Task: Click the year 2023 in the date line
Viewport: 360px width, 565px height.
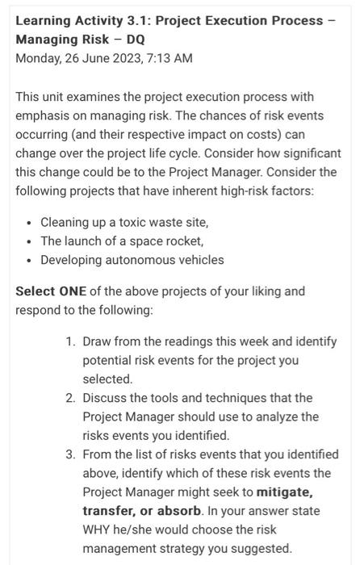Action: tap(120, 58)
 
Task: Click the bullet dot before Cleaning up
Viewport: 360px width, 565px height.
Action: tap(29, 223)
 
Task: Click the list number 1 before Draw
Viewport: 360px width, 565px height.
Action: tap(70, 341)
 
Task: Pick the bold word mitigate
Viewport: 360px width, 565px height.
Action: tap(284, 492)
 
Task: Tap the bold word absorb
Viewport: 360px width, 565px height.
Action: tap(177, 511)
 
